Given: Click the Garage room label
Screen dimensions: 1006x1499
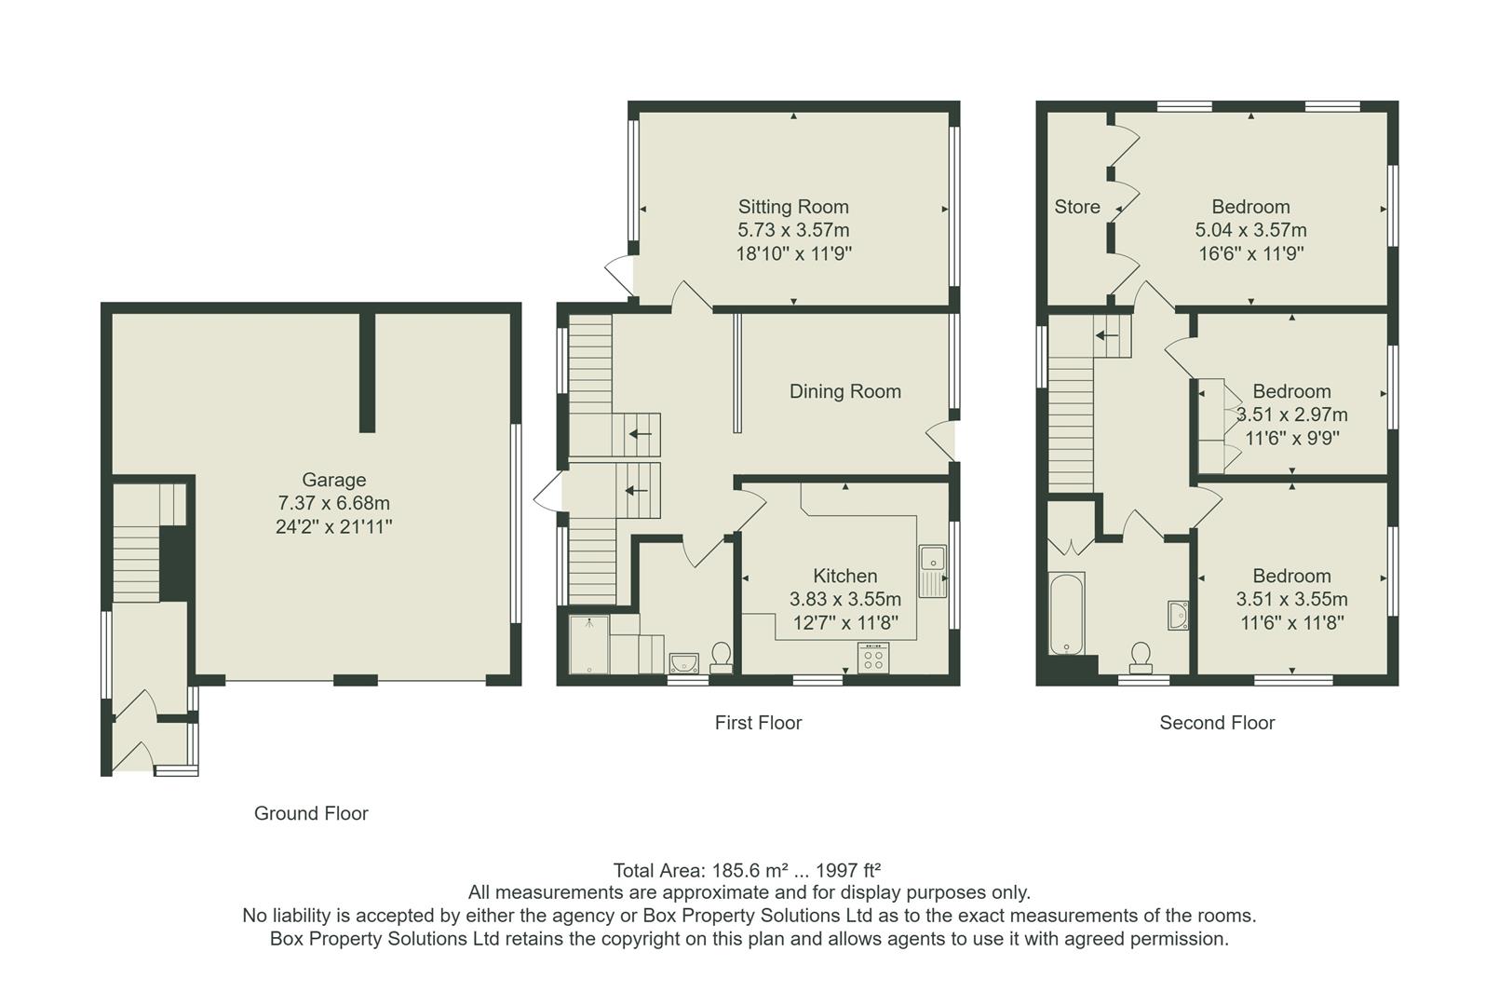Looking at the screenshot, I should pos(333,480).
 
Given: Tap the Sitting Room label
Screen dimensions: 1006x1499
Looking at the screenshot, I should pos(793,207).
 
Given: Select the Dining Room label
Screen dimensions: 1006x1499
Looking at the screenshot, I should pos(844,391).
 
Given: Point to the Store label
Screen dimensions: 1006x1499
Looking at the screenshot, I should pos(1076,207).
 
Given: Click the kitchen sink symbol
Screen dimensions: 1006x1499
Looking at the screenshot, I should pos(931,570).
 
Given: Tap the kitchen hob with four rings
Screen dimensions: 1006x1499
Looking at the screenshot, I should pos(873,658).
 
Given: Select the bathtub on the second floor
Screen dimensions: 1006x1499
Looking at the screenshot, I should pos(1066,615).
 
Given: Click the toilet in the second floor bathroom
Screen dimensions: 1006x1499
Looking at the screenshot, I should pos(1140,657).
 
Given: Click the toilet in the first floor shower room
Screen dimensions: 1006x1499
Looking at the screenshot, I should pos(721,657).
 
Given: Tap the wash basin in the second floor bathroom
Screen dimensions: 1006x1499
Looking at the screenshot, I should pos(1179,615).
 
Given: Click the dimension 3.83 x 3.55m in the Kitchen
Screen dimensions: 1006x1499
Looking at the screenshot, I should pos(844,599).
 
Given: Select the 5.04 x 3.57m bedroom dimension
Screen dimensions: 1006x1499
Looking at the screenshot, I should pos(1250,230).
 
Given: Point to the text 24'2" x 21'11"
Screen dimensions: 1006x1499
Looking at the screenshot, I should pos(333,526).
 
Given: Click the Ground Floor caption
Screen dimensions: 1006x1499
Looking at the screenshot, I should pos(311,813).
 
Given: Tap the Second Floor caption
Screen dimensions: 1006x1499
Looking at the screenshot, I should pos(1216,722).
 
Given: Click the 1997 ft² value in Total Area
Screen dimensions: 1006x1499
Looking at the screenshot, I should pos(848,871).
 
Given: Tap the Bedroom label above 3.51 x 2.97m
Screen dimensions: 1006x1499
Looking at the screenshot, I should pos(1290,391).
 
